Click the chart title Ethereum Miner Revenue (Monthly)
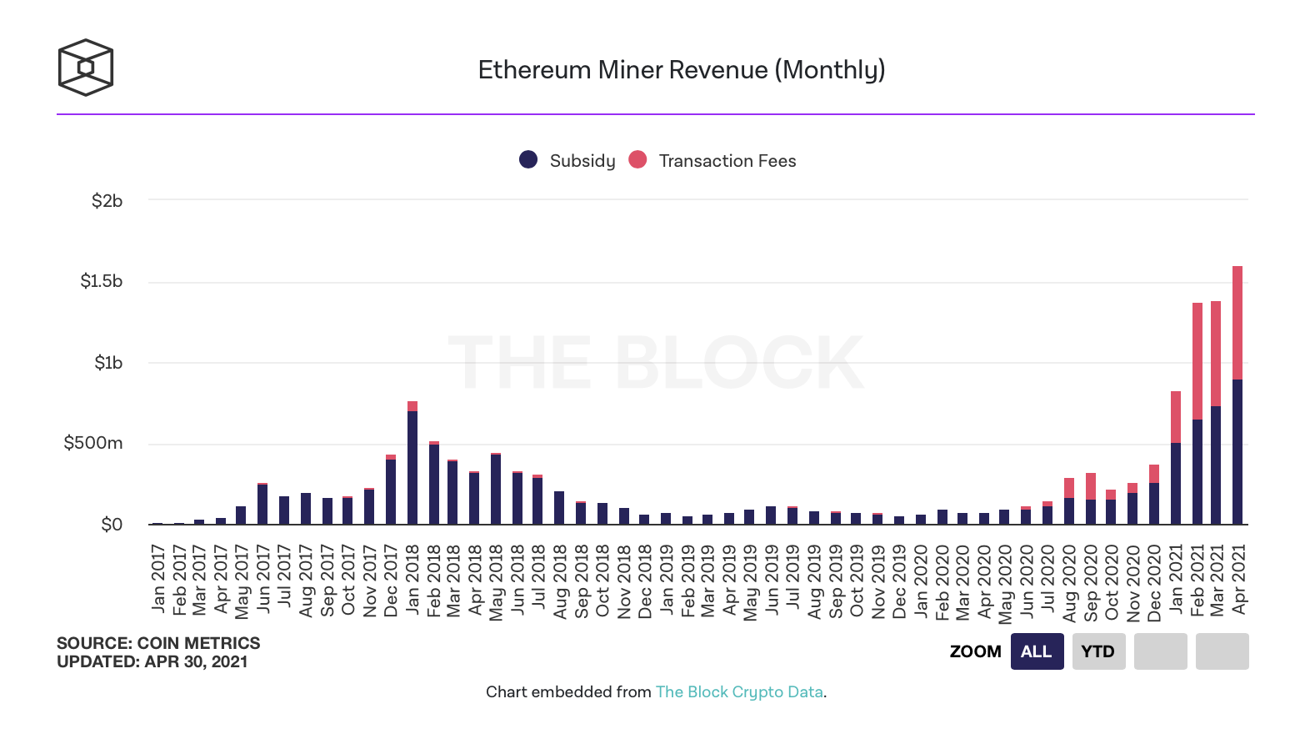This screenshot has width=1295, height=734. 681,70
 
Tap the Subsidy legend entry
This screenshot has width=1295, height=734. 568,160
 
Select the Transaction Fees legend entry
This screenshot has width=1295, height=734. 713,160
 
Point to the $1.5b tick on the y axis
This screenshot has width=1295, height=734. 102,281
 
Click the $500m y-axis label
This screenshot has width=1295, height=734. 93,443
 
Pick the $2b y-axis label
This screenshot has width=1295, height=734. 107,201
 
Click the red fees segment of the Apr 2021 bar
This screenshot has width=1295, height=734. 1237,323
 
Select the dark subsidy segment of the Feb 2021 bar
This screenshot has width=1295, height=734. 1197,471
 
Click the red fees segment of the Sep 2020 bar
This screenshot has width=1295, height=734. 1091,486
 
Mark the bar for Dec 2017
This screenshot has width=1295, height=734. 391,490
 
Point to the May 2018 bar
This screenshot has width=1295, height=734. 496,489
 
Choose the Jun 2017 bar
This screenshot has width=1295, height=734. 262,504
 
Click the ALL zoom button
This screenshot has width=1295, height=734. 1037,651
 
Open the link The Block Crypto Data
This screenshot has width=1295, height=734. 739,691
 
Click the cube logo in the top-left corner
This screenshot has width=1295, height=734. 85,68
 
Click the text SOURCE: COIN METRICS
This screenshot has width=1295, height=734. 158,643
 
